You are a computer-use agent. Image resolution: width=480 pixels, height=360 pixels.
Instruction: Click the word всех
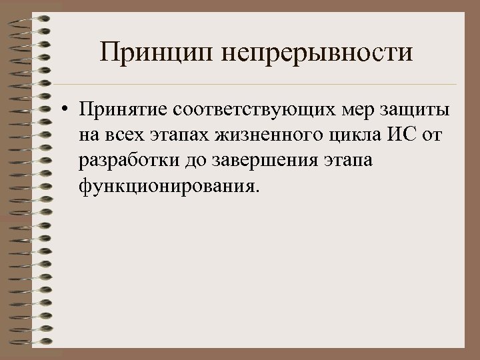[128, 137]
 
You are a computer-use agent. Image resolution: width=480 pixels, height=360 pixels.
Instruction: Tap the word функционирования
[166, 185]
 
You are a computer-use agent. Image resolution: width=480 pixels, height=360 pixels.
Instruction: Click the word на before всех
[90, 137]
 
